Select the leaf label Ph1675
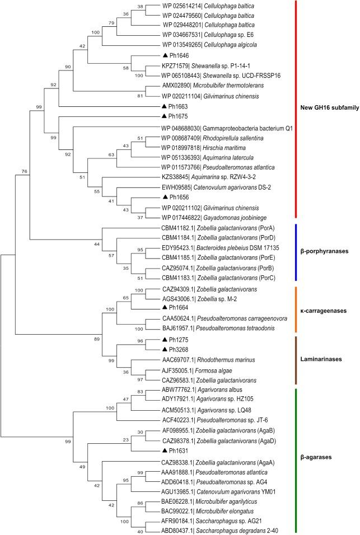(x=179, y=116)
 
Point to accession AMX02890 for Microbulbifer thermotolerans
(x=175, y=87)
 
